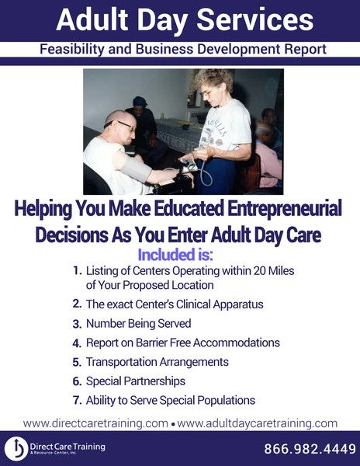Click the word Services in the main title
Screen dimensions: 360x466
pyautogui.click(x=255, y=19)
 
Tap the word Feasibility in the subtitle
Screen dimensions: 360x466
pyautogui.click(x=72, y=50)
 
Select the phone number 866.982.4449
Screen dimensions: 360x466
pyautogui.click(x=310, y=449)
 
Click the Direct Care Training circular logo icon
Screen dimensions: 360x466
pyautogui.click(x=16, y=448)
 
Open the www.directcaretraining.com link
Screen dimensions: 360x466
pyautogui.click(x=95, y=423)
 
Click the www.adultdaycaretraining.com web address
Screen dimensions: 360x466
pyautogui.click(x=257, y=423)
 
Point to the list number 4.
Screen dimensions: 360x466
pyautogui.click(x=77, y=343)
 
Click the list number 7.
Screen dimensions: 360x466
pyautogui.click(x=77, y=400)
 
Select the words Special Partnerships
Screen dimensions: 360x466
pyautogui.click(x=136, y=381)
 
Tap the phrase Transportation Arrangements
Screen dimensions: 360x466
pyautogui.click(x=157, y=362)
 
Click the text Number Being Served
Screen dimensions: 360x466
pyautogui.click(x=139, y=324)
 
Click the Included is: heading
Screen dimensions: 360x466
pyautogui.click(x=175, y=255)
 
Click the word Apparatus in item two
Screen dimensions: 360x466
pyautogui.click(x=238, y=304)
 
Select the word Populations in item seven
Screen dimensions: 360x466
pyautogui.click(x=227, y=401)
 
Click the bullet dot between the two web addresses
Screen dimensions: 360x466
pyautogui.click(x=173, y=425)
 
